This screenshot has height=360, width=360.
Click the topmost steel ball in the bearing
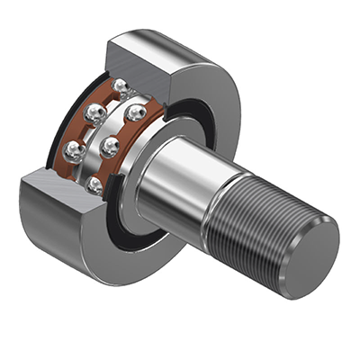point(121,85)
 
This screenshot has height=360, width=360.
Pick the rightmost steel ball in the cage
point(137,113)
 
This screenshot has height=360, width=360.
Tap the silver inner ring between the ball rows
point(112,135)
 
